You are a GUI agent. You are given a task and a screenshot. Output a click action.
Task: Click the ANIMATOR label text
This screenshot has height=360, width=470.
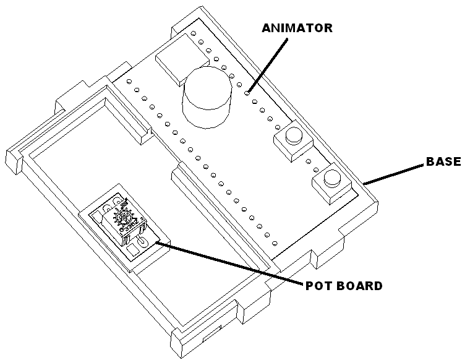pyautogui.click(x=297, y=28)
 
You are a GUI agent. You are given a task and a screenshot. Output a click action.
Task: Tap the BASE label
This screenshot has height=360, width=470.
pyautogui.click(x=443, y=161)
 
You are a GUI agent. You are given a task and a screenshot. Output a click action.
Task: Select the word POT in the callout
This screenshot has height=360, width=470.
pyautogui.click(x=318, y=286)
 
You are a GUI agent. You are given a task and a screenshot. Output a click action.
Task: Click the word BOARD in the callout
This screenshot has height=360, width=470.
pyautogui.click(x=359, y=286)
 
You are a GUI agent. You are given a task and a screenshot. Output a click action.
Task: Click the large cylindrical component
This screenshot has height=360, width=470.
pyautogui.click(x=207, y=97)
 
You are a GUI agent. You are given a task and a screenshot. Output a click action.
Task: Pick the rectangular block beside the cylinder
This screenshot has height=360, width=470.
pyautogui.click(x=182, y=59)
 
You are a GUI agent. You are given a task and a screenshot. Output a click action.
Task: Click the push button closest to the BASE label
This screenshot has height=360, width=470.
pyautogui.click(x=332, y=183)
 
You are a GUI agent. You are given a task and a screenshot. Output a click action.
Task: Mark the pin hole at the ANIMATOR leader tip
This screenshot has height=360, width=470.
pyautogui.click(x=247, y=93)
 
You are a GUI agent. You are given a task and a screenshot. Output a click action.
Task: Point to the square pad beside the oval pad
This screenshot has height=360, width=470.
pyautogui.click(x=131, y=250)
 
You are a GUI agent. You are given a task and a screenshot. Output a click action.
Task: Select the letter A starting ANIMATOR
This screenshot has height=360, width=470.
pyautogui.click(x=267, y=28)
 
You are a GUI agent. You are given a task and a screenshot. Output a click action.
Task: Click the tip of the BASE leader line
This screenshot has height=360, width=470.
pyautogui.click(x=364, y=184)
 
